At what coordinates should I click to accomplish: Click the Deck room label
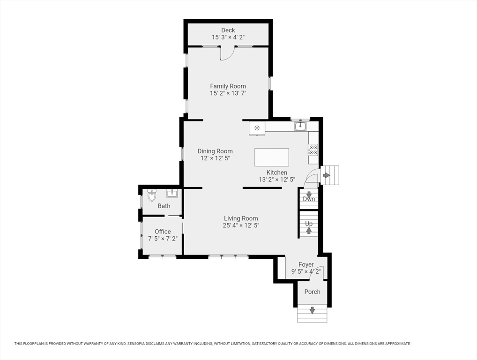(228, 30)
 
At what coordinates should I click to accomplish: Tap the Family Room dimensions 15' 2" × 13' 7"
(228, 93)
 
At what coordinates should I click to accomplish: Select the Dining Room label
(215, 151)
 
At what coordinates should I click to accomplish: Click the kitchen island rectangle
(272, 157)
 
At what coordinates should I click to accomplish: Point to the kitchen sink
(300, 126)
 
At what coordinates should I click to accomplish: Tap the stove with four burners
(313, 150)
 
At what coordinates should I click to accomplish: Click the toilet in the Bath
(152, 195)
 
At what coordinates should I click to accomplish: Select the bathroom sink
(172, 193)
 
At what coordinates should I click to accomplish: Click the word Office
(163, 232)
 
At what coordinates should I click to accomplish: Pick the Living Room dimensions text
(241, 225)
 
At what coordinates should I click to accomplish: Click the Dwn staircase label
(309, 199)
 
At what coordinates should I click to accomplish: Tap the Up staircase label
(309, 224)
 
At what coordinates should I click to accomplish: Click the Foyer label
(306, 265)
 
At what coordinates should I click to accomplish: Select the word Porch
(313, 292)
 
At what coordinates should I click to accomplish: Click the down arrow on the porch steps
(312, 311)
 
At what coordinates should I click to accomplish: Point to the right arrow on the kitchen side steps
(327, 175)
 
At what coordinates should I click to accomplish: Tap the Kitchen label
(277, 172)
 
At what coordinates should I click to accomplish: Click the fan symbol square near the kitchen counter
(257, 128)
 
